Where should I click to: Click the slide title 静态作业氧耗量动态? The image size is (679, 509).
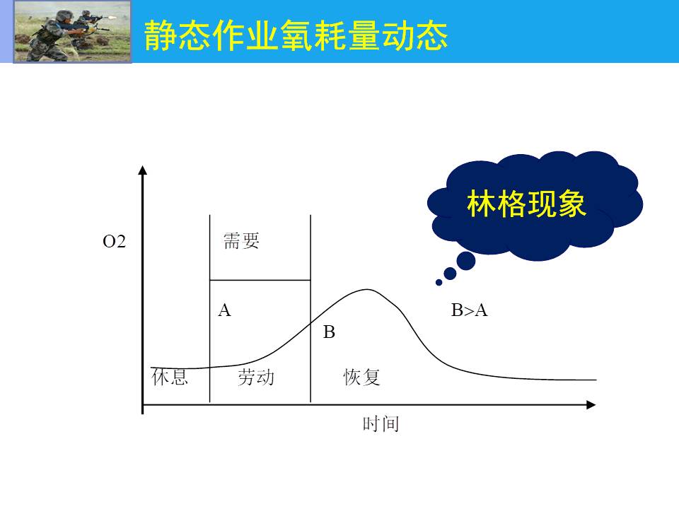pos(296,35)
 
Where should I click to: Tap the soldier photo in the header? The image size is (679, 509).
pos(72,32)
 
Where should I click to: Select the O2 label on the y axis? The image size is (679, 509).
pos(115,242)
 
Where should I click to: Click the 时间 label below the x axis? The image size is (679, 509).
pos(381,423)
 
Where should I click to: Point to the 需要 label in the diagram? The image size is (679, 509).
pos(241,240)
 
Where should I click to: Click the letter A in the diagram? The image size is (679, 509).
pos(225,310)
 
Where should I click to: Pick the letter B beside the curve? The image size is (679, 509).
pos(329,332)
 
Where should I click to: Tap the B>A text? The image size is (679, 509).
pos(470,310)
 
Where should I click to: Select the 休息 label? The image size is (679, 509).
pos(170,377)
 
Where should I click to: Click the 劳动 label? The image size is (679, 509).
pos(256,377)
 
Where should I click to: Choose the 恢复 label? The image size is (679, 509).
pos(361,377)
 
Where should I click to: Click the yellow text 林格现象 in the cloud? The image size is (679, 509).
pos(526,204)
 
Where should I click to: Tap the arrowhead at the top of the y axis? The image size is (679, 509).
pos(142,170)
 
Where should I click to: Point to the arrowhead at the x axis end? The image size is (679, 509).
pos(591,404)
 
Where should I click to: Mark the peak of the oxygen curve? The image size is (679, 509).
pos(367,289)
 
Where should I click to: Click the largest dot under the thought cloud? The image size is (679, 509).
pos(466,261)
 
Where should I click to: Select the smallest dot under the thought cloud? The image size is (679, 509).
pos(439,283)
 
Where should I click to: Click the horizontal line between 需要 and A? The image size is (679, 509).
pos(260,280)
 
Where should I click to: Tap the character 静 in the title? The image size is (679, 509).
pos(159,35)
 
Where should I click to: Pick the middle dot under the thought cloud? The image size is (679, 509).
pos(450,274)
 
